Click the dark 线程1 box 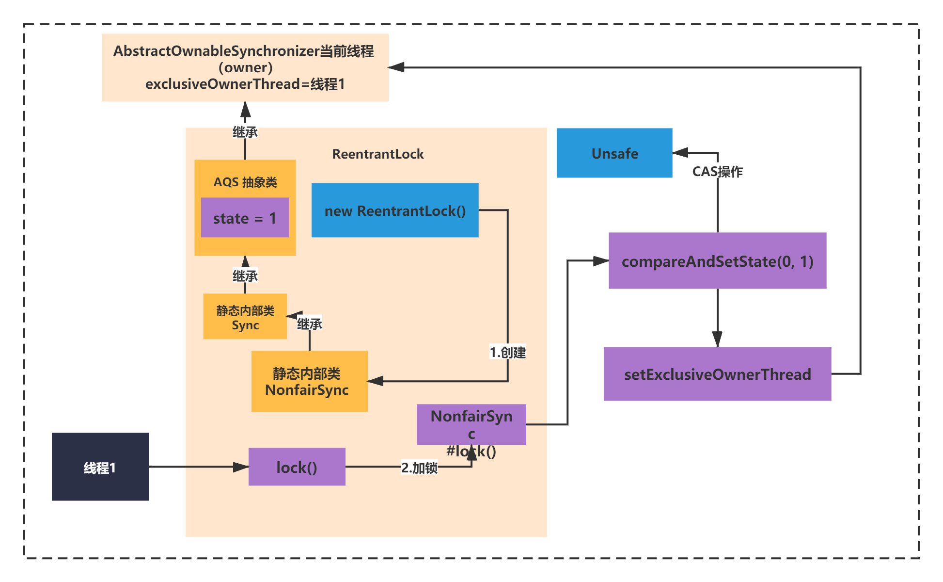click(100, 467)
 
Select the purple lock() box click(297, 467)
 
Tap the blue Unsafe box click(614, 153)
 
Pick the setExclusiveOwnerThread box click(718, 374)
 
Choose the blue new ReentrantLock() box click(395, 210)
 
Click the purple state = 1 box click(245, 217)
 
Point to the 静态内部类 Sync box click(245, 316)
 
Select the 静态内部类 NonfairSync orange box click(310, 381)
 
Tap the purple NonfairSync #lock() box click(471, 424)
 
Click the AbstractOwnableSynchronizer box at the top click(245, 67)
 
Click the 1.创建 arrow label click(508, 352)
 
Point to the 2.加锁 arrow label click(420, 468)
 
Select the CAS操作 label click(718, 171)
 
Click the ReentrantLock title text click(378, 154)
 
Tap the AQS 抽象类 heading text click(245, 182)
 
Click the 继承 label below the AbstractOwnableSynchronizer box click(245, 132)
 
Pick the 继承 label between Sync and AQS click(245, 276)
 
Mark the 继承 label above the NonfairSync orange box click(310, 323)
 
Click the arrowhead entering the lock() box click(241, 467)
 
